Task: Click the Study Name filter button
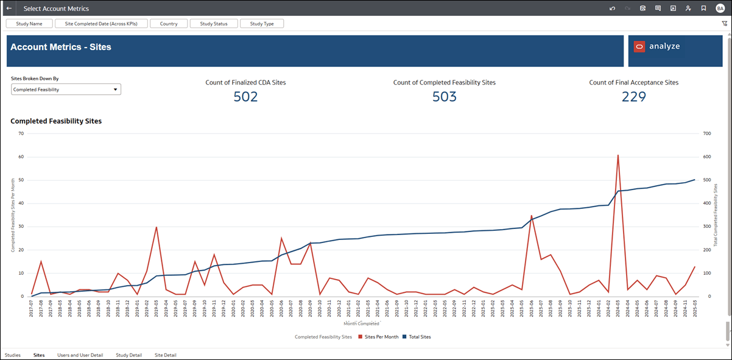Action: [x=29, y=24]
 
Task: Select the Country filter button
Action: [x=169, y=24]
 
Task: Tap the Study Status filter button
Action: [x=213, y=24]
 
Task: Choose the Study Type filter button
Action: [x=262, y=24]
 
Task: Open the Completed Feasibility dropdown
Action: [x=66, y=90]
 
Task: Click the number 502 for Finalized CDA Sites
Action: [x=245, y=97]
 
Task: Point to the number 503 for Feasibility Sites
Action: [x=444, y=97]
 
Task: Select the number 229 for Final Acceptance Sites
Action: [x=633, y=97]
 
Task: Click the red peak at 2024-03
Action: [x=618, y=155]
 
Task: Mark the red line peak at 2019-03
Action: [x=157, y=227]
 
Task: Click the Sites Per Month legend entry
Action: [x=378, y=337]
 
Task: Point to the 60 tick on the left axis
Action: [x=21, y=157]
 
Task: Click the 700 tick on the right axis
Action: [x=707, y=133]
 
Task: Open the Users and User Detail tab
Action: [x=80, y=355]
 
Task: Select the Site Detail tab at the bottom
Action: [x=165, y=355]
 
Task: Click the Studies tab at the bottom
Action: [x=12, y=355]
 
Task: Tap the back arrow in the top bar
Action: [x=9, y=9]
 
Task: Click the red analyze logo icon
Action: [x=639, y=47]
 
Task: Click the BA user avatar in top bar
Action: [x=720, y=9]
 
